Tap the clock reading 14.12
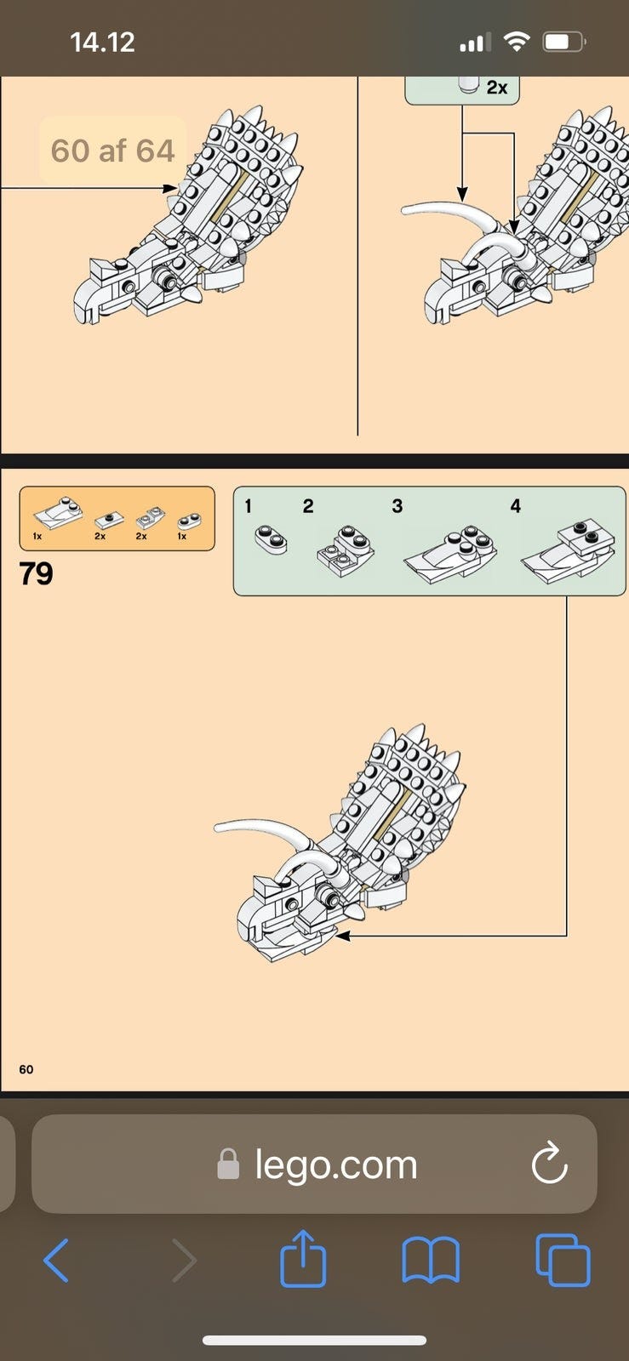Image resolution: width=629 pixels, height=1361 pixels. (x=102, y=43)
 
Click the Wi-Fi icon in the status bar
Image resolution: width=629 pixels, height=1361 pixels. (x=517, y=42)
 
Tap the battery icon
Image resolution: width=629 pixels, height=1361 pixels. (x=564, y=42)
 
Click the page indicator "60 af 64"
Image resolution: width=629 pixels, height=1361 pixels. (x=112, y=150)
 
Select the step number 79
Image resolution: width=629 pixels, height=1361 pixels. (x=36, y=573)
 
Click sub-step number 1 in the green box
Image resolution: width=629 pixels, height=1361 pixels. (x=248, y=505)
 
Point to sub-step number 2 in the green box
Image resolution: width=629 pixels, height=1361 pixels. (x=308, y=505)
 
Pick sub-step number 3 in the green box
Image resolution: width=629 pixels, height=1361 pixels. (x=397, y=505)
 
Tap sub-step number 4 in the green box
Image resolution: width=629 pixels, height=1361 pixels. (x=515, y=505)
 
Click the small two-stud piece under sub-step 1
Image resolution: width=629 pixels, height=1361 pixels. (x=271, y=539)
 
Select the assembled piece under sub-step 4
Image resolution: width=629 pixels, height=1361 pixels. (x=569, y=552)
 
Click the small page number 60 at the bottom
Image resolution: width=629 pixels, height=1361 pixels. (x=26, y=1068)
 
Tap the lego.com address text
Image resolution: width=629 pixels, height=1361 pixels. (x=336, y=1165)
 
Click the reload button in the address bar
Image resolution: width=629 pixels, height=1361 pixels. (x=549, y=1162)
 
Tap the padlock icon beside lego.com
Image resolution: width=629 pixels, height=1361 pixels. (x=228, y=1165)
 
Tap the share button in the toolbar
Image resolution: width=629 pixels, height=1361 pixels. (x=303, y=1258)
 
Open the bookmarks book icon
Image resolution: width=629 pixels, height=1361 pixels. (x=431, y=1261)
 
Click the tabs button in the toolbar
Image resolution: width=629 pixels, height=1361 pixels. (x=563, y=1260)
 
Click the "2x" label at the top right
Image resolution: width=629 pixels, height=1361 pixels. (x=496, y=88)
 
